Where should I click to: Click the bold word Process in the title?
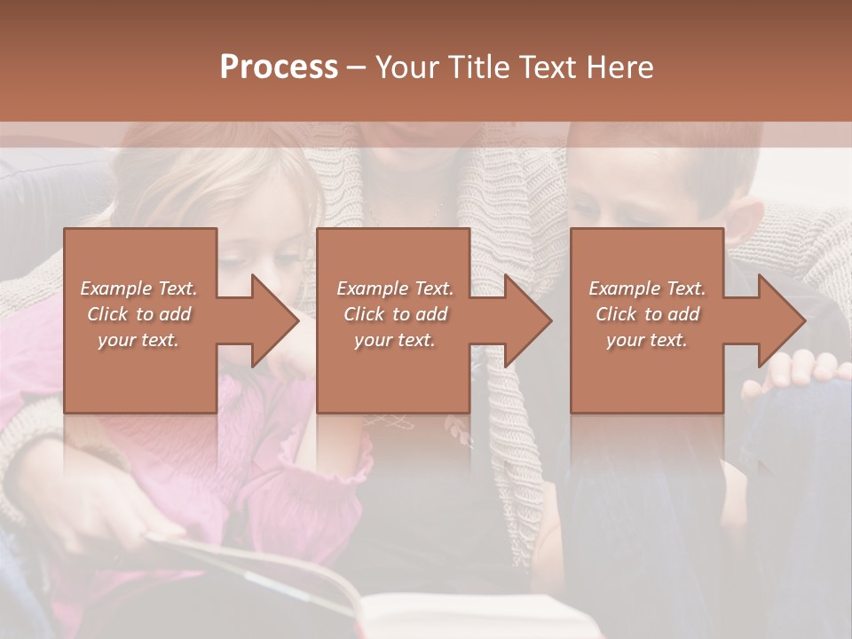pyautogui.click(x=279, y=67)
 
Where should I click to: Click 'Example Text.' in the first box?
pyautogui.click(x=138, y=288)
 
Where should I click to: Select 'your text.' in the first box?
pyautogui.click(x=138, y=340)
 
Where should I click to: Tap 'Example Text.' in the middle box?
pyautogui.click(x=395, y=288)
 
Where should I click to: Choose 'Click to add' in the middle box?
pyautogui.click(x=395, y=314)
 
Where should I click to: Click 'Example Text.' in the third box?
pyautogui.click(x=647, y=288)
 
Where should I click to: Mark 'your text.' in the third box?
pyautogui.click(x=647, y=340)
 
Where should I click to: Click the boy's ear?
pyautogui.click(x=748, y=226)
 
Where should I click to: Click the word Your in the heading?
pyautogui.click(x=406, y=67)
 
